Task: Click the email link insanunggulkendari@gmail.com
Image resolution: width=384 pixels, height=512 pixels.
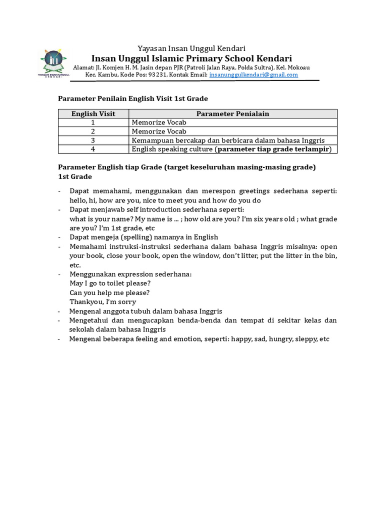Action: pos(253,74)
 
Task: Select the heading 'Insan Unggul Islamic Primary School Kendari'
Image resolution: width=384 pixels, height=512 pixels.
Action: pos(191,58)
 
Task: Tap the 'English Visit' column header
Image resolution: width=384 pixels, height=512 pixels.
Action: pos(93,113)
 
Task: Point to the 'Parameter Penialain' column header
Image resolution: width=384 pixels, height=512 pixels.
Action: pos(232,113)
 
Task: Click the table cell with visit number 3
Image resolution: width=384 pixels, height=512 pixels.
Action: pos(93,140)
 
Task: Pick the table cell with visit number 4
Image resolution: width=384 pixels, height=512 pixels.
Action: pos(93,149)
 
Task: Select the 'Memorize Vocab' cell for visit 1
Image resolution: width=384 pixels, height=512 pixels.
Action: pos(158,122)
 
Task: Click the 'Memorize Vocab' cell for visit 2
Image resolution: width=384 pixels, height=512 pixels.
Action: pos(158,131)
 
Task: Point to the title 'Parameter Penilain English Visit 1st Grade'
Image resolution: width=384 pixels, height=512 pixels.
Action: pos(133,98)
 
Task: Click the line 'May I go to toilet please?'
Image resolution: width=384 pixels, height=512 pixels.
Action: pos(110,283)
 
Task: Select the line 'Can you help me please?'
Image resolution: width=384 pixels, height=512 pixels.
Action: pos(109,292)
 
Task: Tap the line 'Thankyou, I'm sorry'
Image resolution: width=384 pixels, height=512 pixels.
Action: pos(103,301)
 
